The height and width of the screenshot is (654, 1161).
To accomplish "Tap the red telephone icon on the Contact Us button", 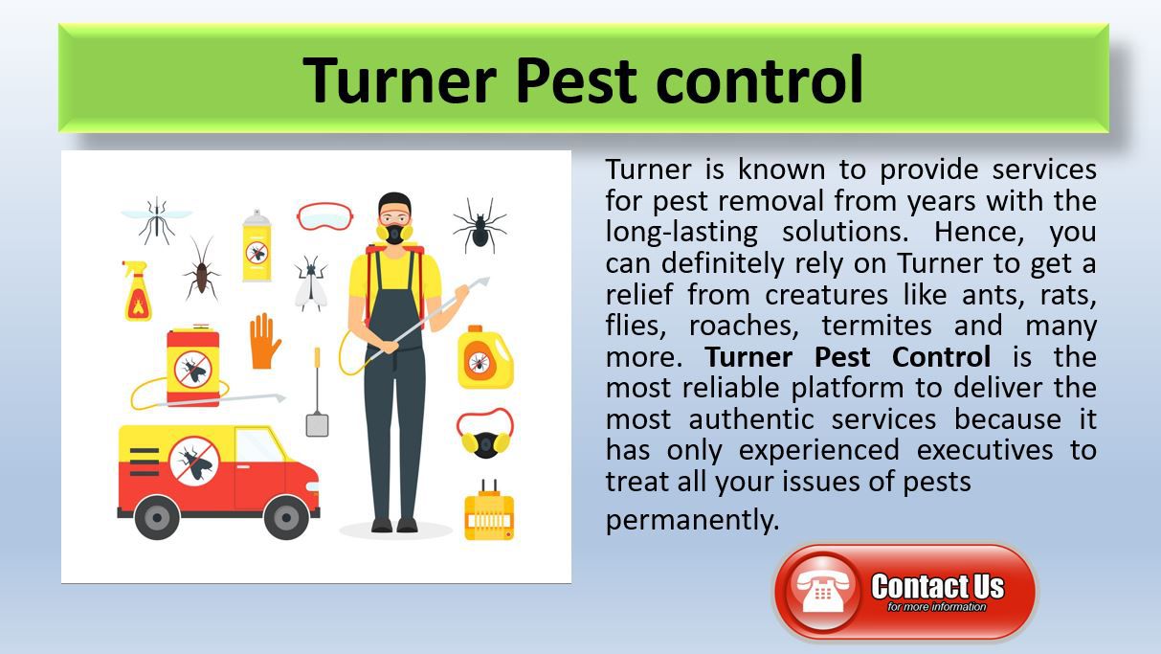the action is (822, 592).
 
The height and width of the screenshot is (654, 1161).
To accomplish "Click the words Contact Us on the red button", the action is (938, 586).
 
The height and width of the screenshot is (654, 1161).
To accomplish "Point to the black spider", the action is (480, 225).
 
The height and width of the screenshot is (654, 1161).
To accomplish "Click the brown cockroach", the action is (201, 268).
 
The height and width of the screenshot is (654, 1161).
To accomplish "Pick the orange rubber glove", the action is (264, 341).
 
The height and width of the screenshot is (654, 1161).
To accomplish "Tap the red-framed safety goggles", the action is (325, 216).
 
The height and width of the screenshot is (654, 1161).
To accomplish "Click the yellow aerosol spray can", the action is (257, 246).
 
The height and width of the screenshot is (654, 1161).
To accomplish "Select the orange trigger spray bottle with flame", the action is (136, 291).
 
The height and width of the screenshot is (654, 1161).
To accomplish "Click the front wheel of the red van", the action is (285, 517).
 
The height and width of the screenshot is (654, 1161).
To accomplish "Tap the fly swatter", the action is (317, 392).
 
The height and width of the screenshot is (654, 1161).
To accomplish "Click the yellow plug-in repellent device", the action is (489, 511).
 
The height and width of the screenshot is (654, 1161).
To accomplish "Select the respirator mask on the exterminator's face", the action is (394, 233).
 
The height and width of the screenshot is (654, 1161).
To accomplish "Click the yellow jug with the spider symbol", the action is (485, 357).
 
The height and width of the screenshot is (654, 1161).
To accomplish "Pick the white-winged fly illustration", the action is (311, 282).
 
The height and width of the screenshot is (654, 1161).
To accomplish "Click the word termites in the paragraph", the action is (877, 326).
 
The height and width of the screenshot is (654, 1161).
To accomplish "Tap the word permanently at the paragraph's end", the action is (692, 520).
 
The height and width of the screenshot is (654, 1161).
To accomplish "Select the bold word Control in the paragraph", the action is (941, 357).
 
